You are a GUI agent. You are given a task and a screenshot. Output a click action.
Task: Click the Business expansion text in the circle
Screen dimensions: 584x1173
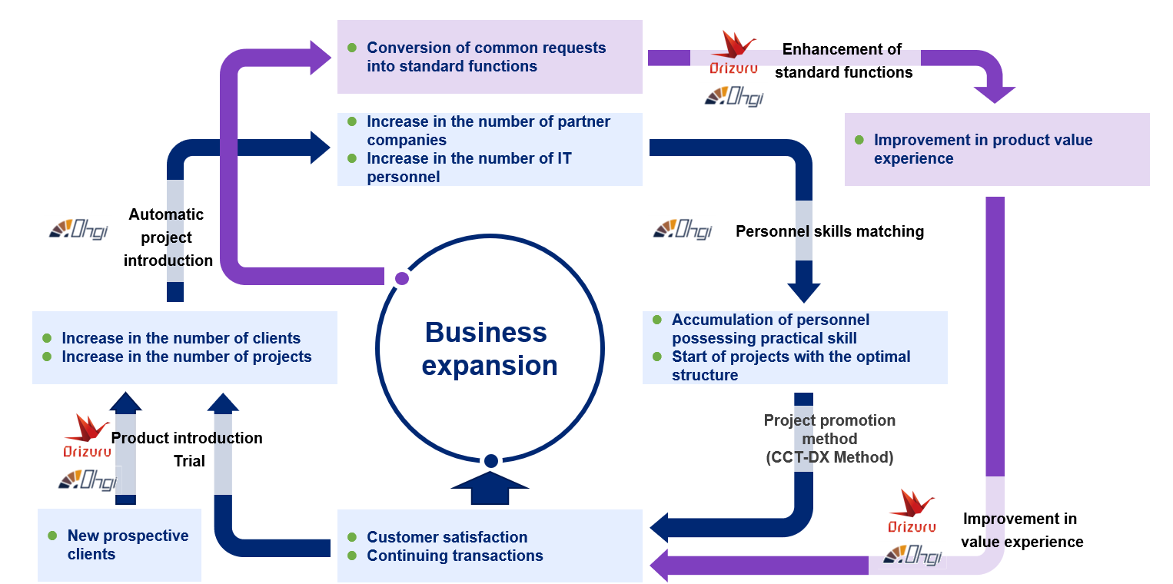[x=489, y=349]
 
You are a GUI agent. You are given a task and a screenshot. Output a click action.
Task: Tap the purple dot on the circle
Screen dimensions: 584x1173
[x=402, y=278]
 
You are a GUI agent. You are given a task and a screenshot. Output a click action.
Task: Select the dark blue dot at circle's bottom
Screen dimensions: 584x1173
[x=490, y=461]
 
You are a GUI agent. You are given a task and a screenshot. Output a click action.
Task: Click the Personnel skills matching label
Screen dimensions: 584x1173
[x=829, y=231]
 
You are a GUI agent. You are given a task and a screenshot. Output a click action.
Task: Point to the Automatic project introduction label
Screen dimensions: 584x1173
[x=168, y=237]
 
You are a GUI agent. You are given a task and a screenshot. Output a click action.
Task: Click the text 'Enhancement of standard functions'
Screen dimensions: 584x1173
[x=842, y=61]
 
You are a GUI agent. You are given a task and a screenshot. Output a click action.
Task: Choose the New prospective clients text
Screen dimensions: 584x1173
[x=127, y=545]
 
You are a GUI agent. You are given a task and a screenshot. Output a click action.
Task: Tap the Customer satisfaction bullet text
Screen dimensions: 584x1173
[x=447, y=537]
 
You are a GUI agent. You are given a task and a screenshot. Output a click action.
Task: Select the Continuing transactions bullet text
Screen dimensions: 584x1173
[x=454, y=556]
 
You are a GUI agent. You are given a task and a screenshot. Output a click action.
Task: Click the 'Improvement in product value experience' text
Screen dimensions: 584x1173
[x=982, y=149]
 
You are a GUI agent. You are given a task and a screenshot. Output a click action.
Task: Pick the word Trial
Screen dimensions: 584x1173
[x=189, y=461]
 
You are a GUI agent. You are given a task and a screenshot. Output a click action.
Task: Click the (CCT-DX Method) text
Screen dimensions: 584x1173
[x=829, y=458]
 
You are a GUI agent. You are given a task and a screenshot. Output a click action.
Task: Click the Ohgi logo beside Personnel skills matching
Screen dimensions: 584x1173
[x=683, y=229]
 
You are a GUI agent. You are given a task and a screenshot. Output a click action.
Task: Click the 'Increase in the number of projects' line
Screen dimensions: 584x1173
[x=186, y=357]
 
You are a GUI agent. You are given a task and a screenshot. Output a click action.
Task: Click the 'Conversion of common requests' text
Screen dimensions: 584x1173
[x=486, y=48]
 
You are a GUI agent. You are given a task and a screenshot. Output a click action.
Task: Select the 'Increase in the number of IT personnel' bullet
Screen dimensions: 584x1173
[x=469, y=168]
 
